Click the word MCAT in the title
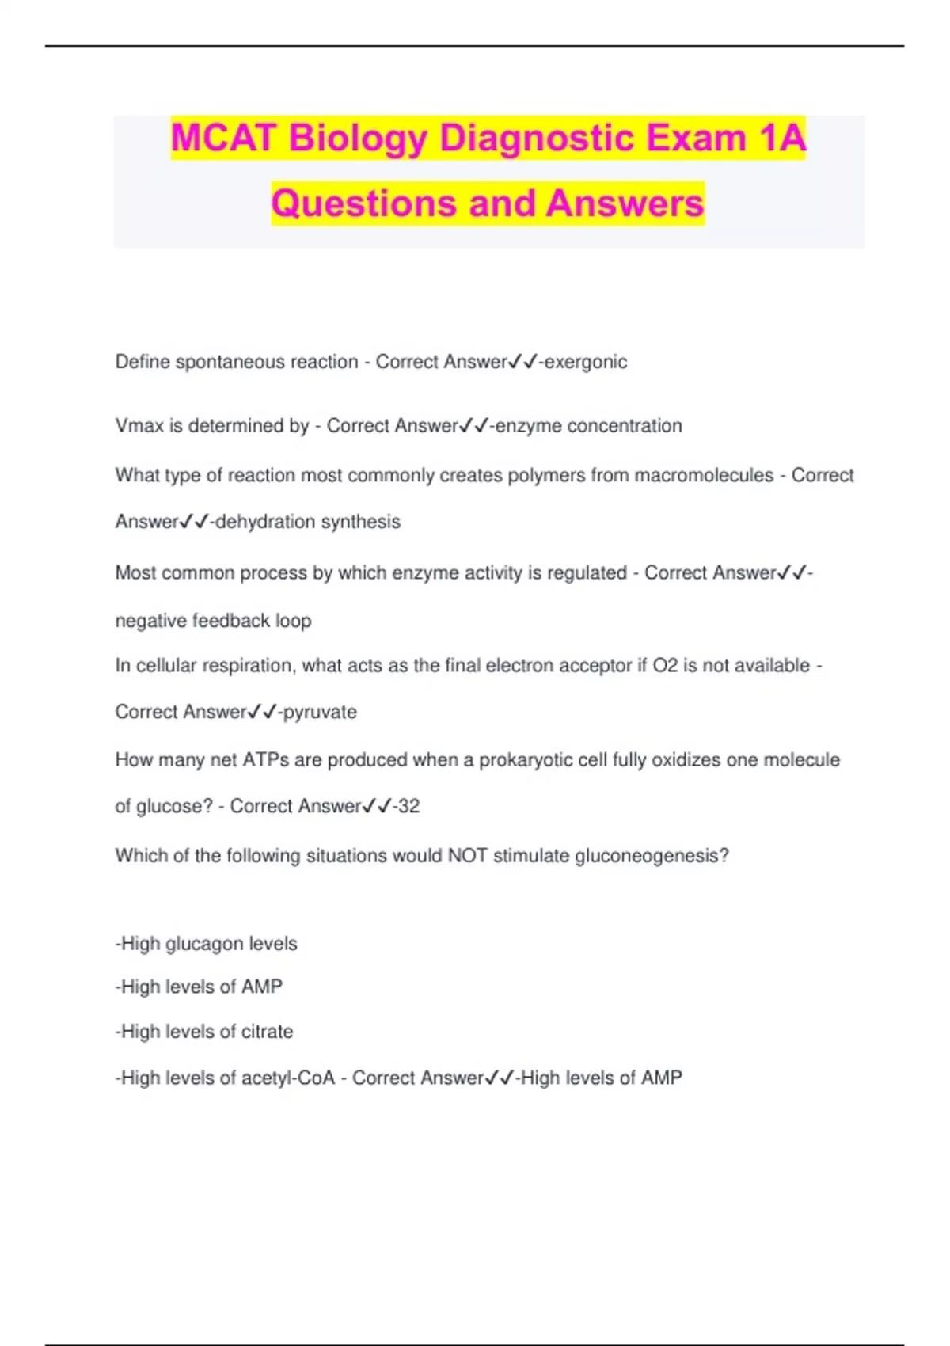[225, 139]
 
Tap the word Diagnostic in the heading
[538, 139]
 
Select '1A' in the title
[781, 139]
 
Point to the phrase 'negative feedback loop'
[213, 621]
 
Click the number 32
[408, 806]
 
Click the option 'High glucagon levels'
[207, 944]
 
